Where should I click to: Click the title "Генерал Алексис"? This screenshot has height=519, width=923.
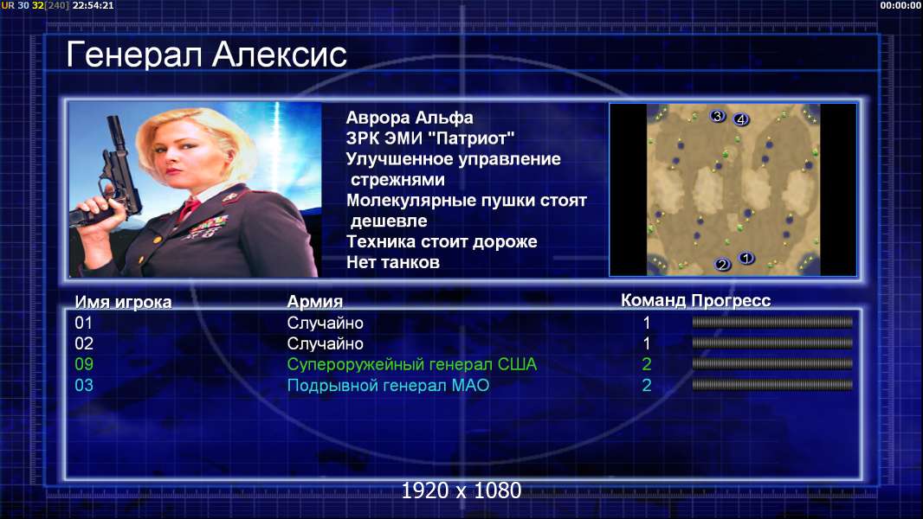pyautogui.click(x=206, y=55)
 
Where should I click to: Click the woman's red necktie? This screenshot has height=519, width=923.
pyautogui.click(x=189, y=208)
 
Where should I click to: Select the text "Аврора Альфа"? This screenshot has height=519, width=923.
pyautogui.click(x=409, y=118)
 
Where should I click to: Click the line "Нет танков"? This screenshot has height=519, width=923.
pyautogui.click(x=392, y=262)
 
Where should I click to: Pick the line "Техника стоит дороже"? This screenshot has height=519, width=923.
pyautogui.click(x=442, y=241)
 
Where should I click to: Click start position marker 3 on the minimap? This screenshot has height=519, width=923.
pyautogui.click(x=717, y=116)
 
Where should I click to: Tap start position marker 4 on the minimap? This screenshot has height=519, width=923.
pyautogui.click(x=740, y=119)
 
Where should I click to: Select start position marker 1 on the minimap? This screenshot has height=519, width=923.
pyautogui.click(x=746, y=258)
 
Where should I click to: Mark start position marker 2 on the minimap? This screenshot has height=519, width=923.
pyautogui.click(x=723, y=265)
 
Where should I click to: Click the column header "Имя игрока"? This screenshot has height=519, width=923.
pyautogui.click(x=123, y=302)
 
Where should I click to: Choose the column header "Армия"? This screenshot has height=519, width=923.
pyautogui.click(x=314, y=302)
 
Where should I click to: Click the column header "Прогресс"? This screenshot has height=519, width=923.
pyautogui.click(x=731, y=300)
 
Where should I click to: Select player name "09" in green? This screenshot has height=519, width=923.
pyautogui.click(x=84, y=364)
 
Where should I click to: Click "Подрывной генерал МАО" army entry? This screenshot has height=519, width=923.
pyautogui.click(x=388, y=386)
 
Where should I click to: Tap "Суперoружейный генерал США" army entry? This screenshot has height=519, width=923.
pyautogui.click(x=411, y=364)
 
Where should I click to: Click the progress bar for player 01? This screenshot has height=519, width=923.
pyautogui.click(x=772, y=322)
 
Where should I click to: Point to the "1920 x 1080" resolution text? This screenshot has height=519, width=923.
pyautogui.click(x=461, y=490)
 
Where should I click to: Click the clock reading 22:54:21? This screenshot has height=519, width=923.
pyautogui.click(x=93, y=5)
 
